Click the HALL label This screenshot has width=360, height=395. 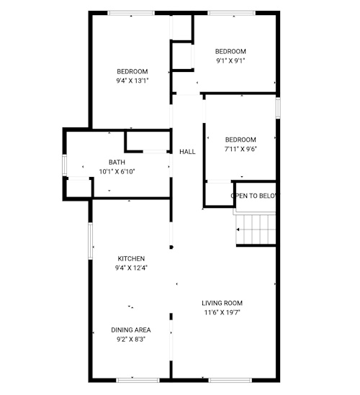[x=187, y=152]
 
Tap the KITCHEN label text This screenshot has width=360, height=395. [x=131, y=258]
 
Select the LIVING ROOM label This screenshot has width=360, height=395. [x=222, y=303]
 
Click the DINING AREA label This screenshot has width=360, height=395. [x=131, y=330]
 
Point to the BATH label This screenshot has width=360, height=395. [x=117, y=162]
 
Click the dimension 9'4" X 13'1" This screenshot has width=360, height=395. [x=132, y=81]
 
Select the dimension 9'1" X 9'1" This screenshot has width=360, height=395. [x=230, y=60]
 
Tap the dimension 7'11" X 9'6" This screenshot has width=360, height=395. [x=240, y=149]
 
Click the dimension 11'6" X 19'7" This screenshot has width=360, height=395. [x=222, y=313]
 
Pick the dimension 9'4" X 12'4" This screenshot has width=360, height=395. [x=131, y=268]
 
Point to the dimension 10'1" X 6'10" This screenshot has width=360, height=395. [x=117, y=171]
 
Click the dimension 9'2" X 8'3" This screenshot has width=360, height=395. [x=131, y=340]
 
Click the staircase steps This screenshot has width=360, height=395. [x=256, y=230]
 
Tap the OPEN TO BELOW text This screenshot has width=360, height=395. [x=255, y=196]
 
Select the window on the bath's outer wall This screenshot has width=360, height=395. [x=65, y=165]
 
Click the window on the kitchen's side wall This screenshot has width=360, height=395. [x=91, y=241]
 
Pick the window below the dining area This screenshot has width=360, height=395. [x=138, y=380]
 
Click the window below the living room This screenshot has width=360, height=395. [x=230, y=380]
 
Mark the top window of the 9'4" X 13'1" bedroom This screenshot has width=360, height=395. [x=131, y=13]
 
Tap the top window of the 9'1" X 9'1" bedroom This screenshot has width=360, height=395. [x=232, y=13]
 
